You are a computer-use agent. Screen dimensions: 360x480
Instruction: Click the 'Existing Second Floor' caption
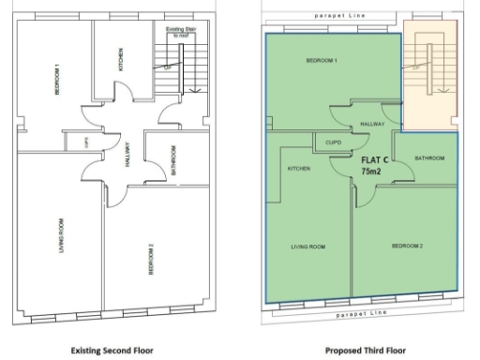tap(115, 350)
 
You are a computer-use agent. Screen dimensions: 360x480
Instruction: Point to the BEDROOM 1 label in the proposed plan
tap(322, 61)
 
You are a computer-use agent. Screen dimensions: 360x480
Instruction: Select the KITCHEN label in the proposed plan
tap(298, 169)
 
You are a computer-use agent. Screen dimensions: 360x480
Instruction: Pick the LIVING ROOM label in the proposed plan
tap(307, 246)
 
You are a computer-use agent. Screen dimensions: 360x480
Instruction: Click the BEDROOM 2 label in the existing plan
tap(152, 257)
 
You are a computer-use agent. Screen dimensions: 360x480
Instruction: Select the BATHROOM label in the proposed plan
tap(429, 158)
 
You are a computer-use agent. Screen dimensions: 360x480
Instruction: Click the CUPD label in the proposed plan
tap(333, 142)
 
